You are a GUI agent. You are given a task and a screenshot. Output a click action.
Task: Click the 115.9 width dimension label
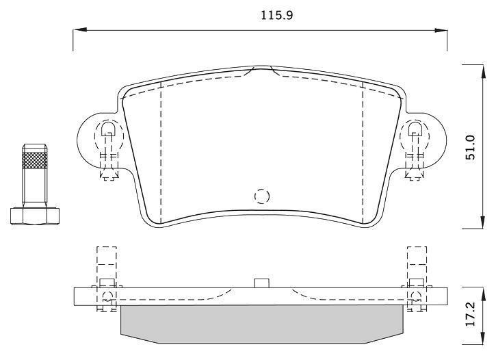click(x=277, y=15)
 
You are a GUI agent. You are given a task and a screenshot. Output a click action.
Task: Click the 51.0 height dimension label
click(x=471, y=146)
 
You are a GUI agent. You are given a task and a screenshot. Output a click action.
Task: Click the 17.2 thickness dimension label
click(x=471, y=314)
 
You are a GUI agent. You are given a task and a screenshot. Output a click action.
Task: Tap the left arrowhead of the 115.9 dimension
click(x=80, y=30)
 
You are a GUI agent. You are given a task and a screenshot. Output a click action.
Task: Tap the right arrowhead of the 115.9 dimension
click(x=441, y=30)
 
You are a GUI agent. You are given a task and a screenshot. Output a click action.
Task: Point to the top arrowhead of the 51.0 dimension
click(x=483, y=71)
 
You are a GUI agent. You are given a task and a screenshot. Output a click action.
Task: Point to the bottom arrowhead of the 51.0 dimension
click(x=483, y=222)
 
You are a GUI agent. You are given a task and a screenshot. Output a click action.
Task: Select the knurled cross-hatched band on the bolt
click(x=35, y=160)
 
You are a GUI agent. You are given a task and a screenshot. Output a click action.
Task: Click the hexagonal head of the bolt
click(x=35, y=216)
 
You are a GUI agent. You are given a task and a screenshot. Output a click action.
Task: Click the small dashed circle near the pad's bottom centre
click(x=262, y=196)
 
